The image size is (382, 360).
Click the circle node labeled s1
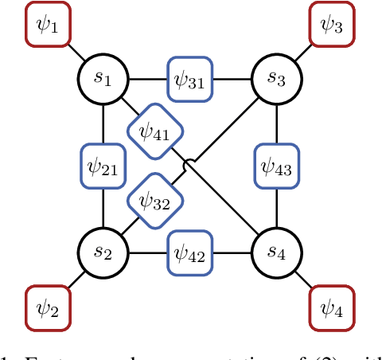104,79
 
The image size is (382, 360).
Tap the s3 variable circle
276,79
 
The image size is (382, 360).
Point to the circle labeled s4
276,253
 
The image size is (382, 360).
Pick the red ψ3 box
331,25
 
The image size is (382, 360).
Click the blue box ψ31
190,79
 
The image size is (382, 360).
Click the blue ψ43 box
276,166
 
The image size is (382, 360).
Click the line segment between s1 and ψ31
148,79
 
